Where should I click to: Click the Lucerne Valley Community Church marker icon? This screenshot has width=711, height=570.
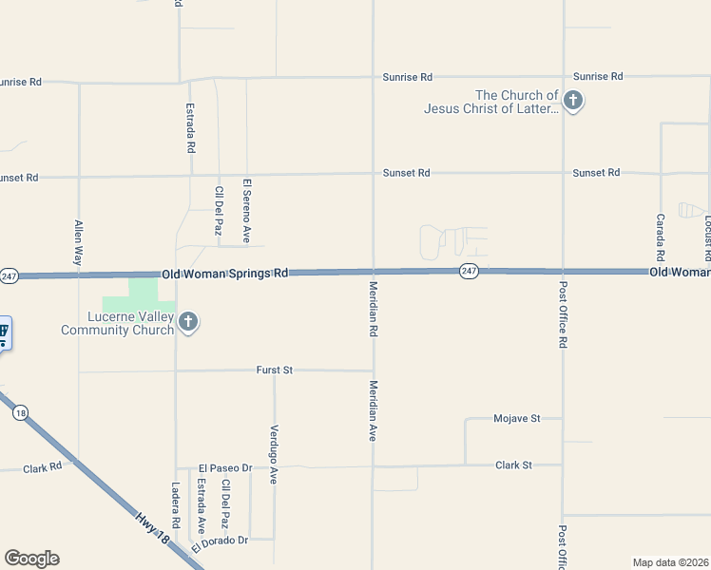pyautogui.click(x=188, y=321)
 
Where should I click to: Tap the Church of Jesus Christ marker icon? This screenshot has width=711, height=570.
pyautogui.click(x=572, y=100)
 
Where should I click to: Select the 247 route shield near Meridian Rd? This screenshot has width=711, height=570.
pyautogui.click(x=469, y=272)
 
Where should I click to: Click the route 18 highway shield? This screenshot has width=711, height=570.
pyautogui.click(x=20, y=412)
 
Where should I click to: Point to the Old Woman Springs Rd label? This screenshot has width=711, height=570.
pyautogui.click(x=224, y=273)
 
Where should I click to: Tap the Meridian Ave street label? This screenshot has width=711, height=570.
pyautogui.click(x=374, y=410)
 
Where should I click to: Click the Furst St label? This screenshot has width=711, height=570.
pyautogui.click(x=274, y=370)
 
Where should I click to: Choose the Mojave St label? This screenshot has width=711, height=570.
pyautogui.click(x=516, y=418)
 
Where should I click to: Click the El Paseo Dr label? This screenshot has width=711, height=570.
pyautogui.click(x=225, y=468)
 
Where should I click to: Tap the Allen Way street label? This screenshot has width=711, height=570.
pyautogui.click(x=79, y=242)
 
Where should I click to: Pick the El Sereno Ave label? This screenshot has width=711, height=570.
pyautogui.click(x=246, y=210)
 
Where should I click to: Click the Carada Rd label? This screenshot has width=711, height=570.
pyautogui.click(x=660, y=237)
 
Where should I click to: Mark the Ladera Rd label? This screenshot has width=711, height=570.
pyautogui.click(x=176, y=504)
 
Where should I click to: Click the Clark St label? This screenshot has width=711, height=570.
pyautogui.click(x=513, y=465)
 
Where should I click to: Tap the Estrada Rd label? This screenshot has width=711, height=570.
pyautogui.click(x=191, y=128)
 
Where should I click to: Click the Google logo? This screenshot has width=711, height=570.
pyautogui.click(x=31, y=559)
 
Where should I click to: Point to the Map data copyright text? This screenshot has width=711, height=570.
pyautogui.click(x=670, y=561)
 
